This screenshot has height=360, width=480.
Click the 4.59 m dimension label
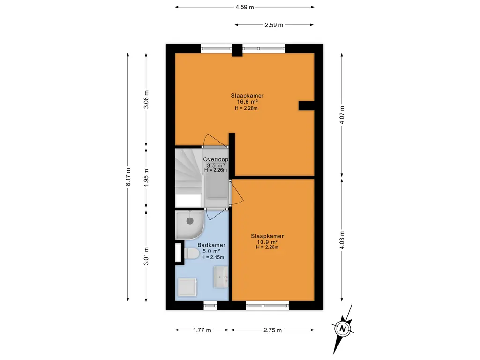pyautogui.click(x=245, y=7)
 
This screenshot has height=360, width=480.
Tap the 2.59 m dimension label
pyautogui.click(x=274, y=25)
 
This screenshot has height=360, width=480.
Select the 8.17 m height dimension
pyautogui.click(x=128, y=177)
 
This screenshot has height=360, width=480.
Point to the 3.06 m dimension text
pyautogui.click(x=146, y=99)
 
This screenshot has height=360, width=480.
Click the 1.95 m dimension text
pyautogui.click(x=146, y=178)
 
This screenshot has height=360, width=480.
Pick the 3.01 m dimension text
pyautogui.click(x=146, y=256)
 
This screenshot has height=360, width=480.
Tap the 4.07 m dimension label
pyautogui.click(x=342, y=115)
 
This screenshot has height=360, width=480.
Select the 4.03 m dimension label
pyautogui.click(x=342, y=240)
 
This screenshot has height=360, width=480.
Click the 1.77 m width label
pyautogui.click(x=202, y=330)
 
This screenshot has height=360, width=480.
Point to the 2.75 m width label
pyautogui.click(x=272, y=330)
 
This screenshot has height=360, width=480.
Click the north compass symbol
pyautogui.click(x=343, y=329)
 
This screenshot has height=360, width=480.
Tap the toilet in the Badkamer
pyautogui.click(x=192, y=254)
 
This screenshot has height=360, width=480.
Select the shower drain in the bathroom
pyautogui.click(x=190, y=220)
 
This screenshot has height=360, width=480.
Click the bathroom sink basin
pyautogui.click(x=221, y=277)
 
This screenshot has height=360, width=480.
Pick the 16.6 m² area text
pyautogui.click(x=247, y=102)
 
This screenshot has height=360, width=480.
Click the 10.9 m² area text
pyautogui.click(x=267, y=242)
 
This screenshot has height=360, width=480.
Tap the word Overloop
pyautogui.click(x=216, y=159)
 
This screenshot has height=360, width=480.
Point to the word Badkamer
pyautogui.click(x=211, y=245)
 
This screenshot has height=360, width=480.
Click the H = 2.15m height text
pyautogui.click(x=212, y=257)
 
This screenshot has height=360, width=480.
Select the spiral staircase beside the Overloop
pyautogui.click(x=189, y=178)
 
